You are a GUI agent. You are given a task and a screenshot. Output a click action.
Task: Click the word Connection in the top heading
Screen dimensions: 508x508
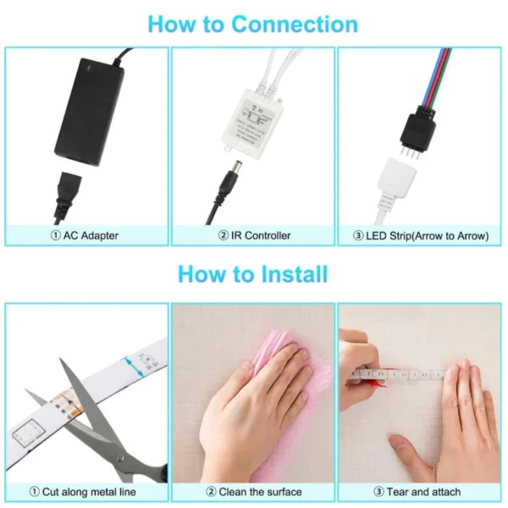click(x=295, y=25)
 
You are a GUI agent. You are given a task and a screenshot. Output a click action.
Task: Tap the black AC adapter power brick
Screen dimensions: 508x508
click(x=89, y=112)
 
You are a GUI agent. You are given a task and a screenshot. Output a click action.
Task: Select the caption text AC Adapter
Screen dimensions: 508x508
click(x=91, y=235)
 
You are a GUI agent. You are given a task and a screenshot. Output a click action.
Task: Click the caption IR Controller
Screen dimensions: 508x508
click(x=261, y=235)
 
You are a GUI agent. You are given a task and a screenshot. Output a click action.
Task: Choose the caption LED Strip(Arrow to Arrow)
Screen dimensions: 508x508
click(x=428, y=236)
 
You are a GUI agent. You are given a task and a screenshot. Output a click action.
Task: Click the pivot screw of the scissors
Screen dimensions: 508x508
click(x=120, y=458)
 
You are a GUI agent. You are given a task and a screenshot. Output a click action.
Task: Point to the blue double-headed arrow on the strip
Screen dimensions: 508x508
click(x=134, y=367)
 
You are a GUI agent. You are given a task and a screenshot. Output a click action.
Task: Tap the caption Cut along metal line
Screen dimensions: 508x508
click(x=89, y=492)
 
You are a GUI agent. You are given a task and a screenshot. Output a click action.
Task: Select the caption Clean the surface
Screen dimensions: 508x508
click(x=261, y=492)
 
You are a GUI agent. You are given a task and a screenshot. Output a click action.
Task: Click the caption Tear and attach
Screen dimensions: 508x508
click(x=424, y=492)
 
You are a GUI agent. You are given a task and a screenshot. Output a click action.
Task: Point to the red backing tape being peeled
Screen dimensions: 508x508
click(x=378, y=383)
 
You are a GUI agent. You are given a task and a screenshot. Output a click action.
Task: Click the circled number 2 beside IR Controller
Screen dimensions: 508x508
click(x=224, y=235)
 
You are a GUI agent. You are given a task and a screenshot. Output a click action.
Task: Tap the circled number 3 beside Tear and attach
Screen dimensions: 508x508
click(x=378, y=492)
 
